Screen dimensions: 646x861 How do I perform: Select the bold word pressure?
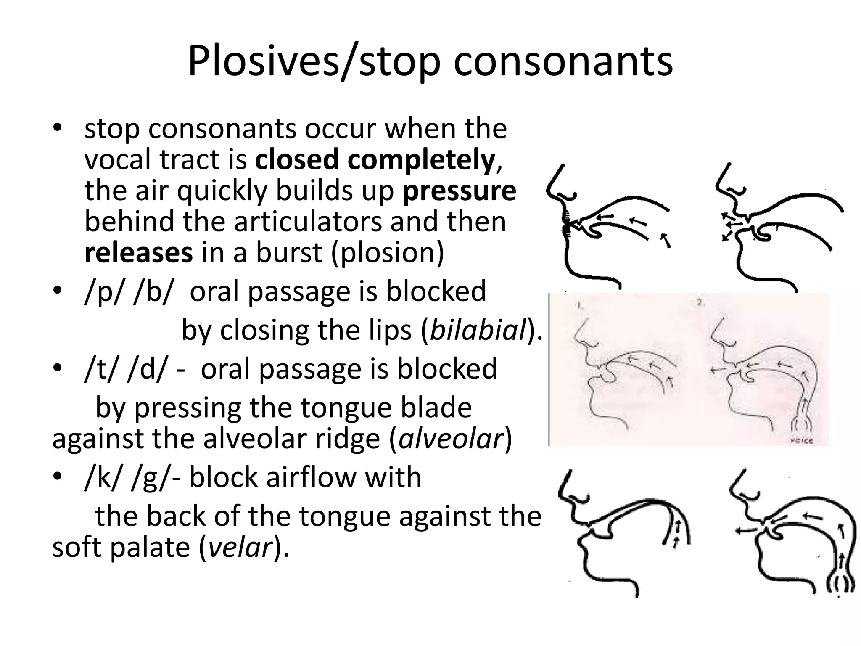pos(459,191)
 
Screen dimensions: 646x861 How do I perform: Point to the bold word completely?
pos(421,160)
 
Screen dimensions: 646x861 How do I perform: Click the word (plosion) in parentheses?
pos(387,253)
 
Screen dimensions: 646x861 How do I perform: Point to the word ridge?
pos(340,439)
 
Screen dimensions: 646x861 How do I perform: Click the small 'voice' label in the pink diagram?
pos(804,440)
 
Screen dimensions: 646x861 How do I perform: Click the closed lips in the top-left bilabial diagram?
pos(566,223)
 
